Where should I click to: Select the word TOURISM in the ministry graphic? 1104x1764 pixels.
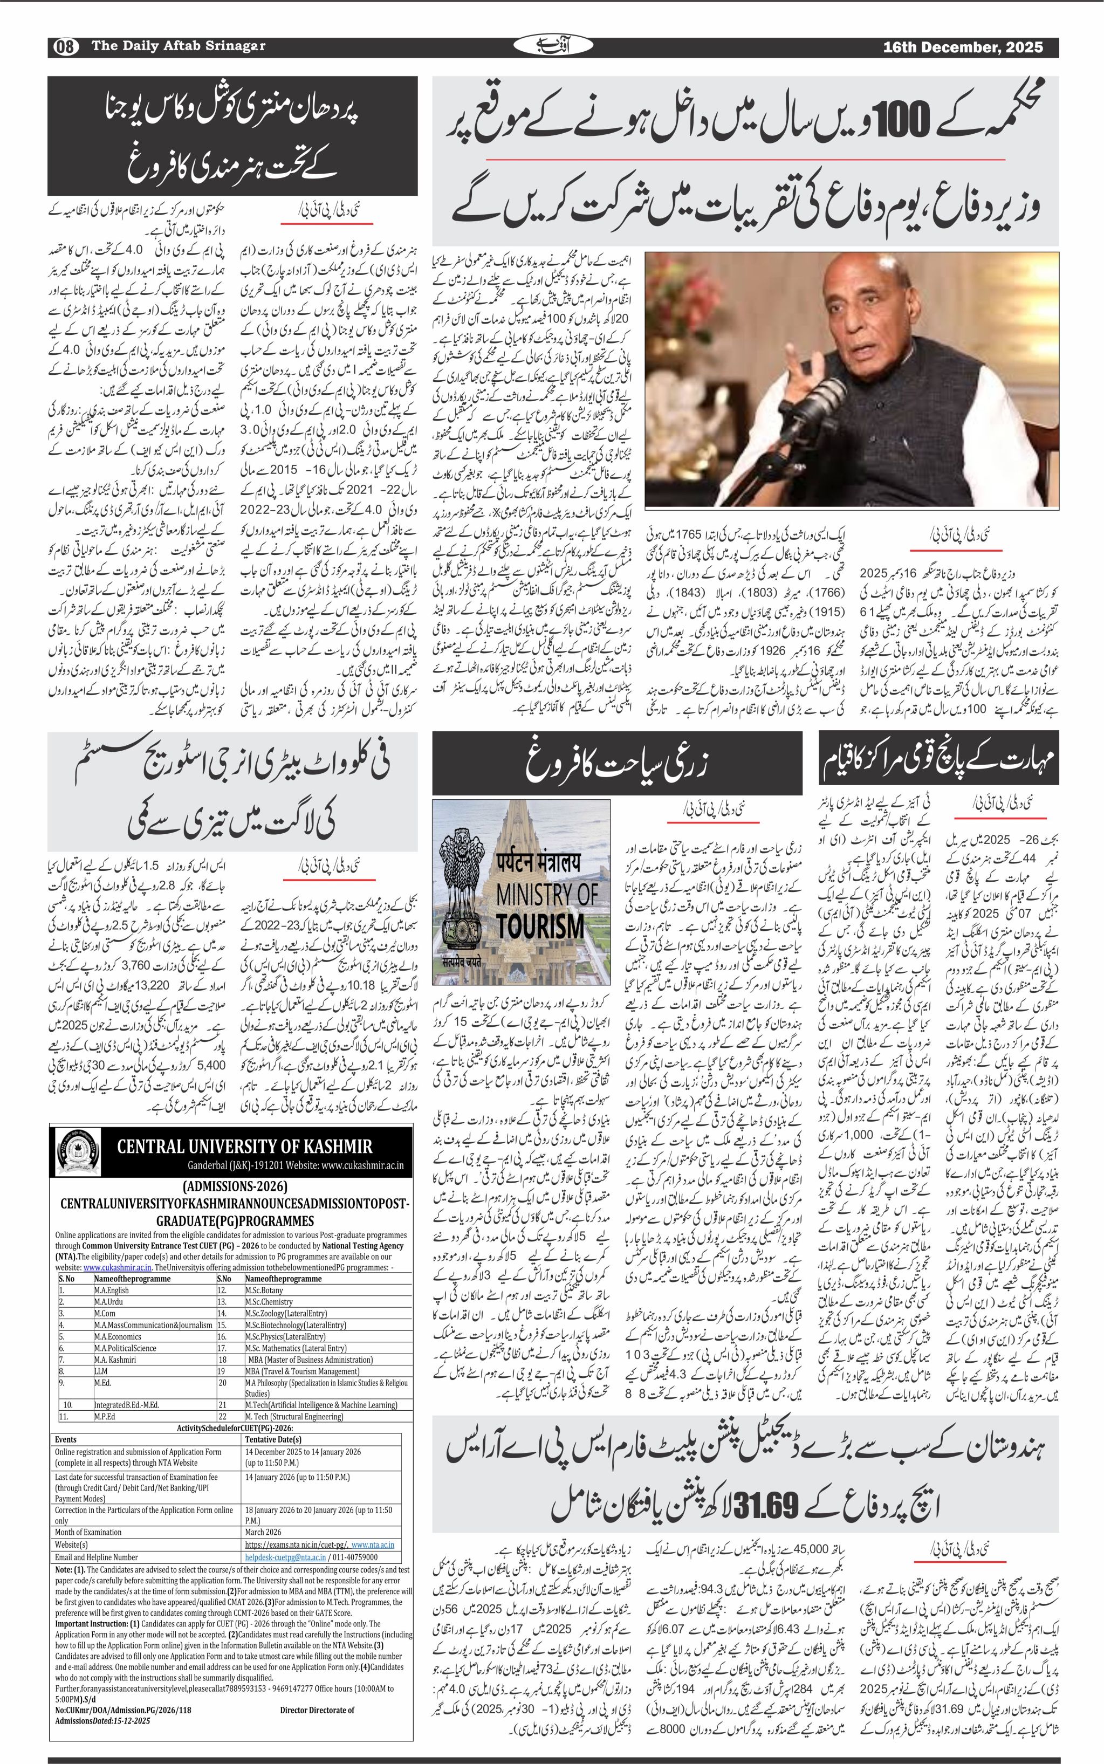[540, 926]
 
